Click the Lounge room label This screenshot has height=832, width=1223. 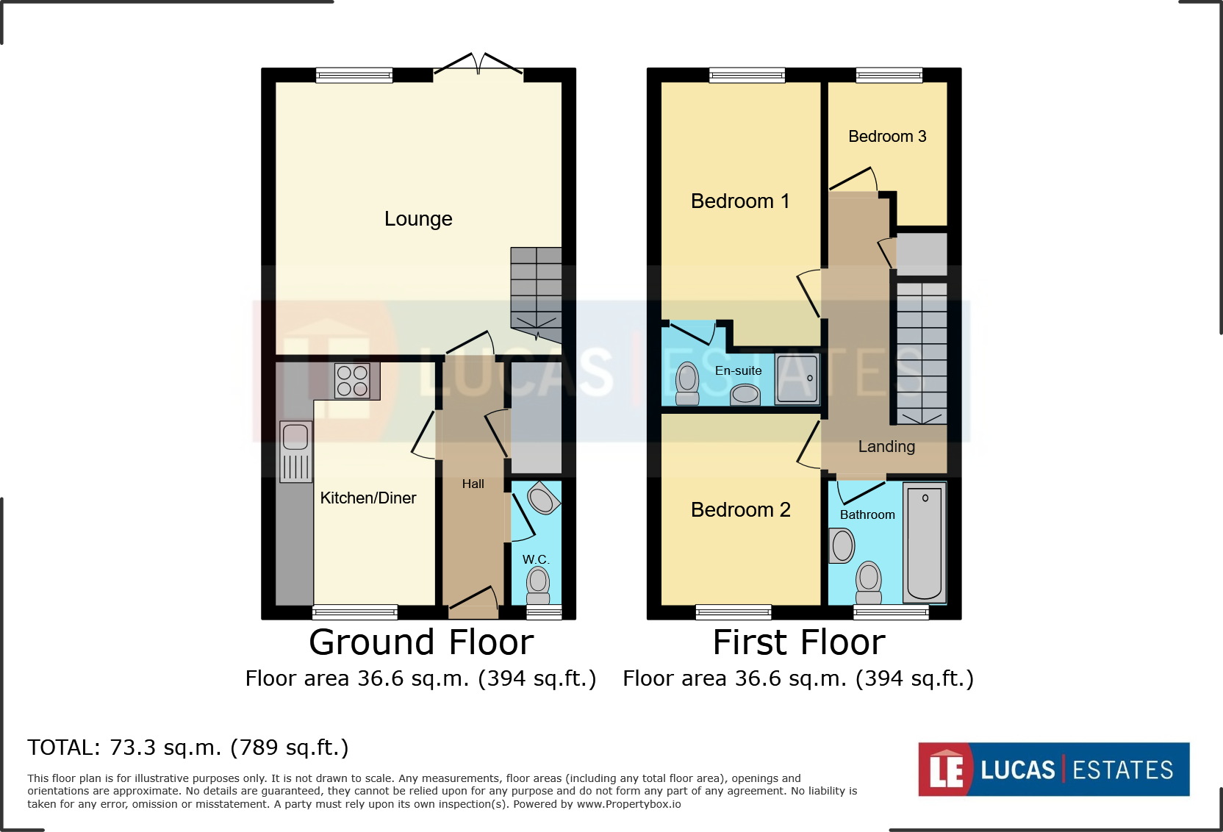point(418,219)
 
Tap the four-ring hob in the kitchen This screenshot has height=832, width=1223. point(352,381)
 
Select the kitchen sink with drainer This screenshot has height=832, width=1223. point(295,451)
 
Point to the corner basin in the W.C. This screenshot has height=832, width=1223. point(543,499)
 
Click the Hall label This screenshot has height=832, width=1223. point(473,484)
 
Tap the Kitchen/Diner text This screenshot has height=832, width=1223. point(367,498)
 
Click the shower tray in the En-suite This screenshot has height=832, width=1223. point(797,379)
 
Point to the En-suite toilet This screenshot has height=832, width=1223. point(687,383)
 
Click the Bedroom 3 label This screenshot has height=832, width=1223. point(887,137)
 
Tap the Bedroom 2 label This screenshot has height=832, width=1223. point(740,510)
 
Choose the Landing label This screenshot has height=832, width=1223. point(886,447)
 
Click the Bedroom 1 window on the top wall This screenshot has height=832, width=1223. point(747,75)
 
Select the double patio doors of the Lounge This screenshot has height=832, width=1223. point(478,66)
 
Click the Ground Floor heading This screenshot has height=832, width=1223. point(421,642)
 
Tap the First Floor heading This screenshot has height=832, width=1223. point(799,642)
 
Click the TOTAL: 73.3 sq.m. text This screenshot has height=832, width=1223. point(188,747)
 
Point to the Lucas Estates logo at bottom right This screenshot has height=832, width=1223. point(1053,770)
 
